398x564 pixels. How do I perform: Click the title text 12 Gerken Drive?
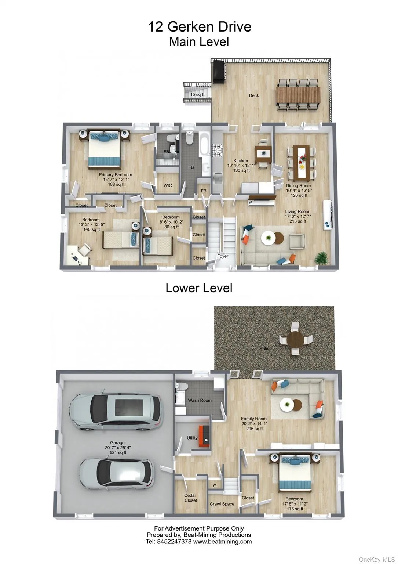[199, 27]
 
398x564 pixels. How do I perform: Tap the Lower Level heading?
[199, 288]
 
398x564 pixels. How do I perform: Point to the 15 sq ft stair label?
[197, 95]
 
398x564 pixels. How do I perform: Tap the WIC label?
[168, 185]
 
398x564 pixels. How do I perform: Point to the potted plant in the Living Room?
[322, 257]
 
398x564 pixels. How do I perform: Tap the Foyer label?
[223, 256]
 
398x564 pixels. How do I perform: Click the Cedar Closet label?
[190, 498]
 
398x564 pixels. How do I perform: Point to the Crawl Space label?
[222, 504]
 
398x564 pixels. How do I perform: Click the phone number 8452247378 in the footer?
[174, 542]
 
